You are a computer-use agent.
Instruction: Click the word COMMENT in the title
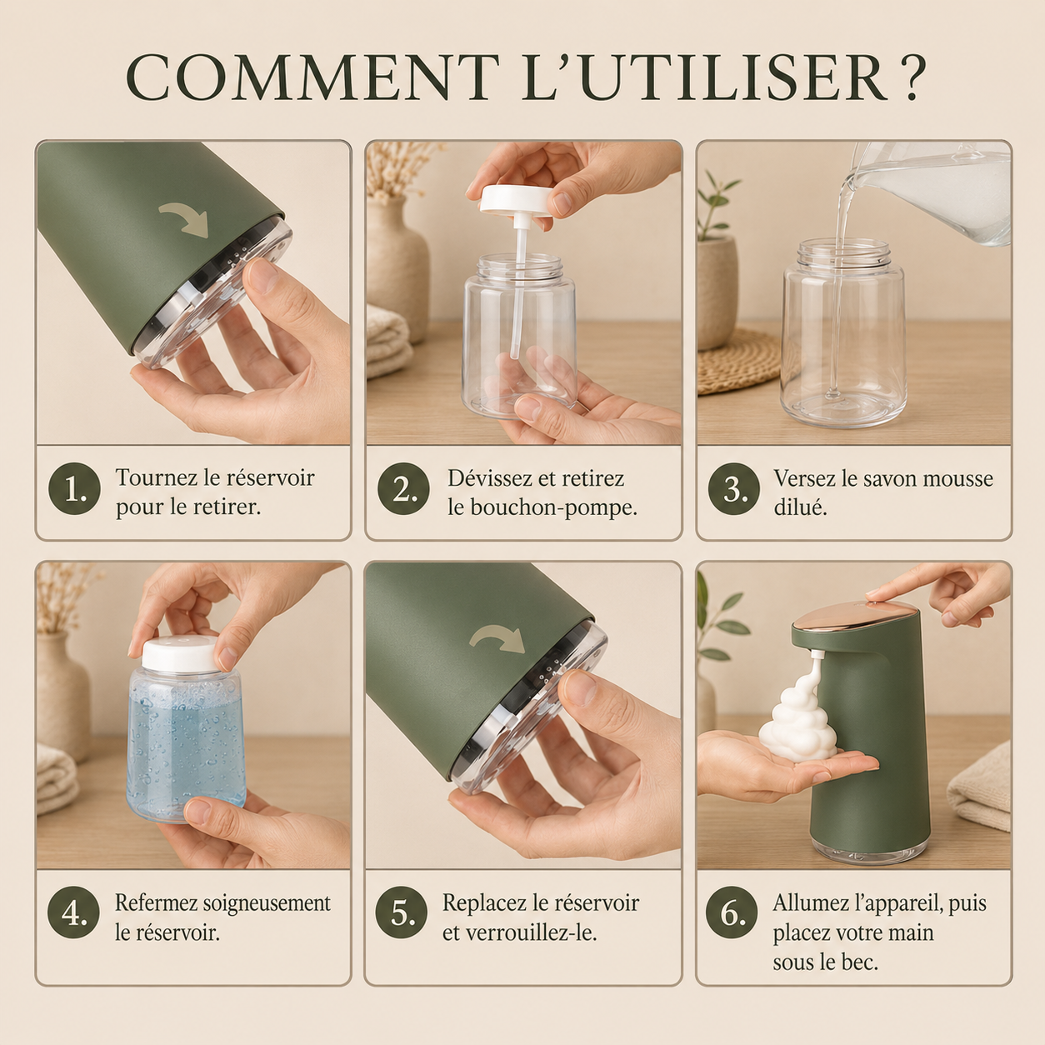click(312, 77)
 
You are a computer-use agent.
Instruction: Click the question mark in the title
click(907, 77)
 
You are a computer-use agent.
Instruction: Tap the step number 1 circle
click(75, 488)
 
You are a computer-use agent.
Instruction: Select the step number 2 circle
click(403, 488)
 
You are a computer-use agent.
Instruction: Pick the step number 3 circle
click(733, 488)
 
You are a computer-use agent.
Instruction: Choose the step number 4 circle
click(74, 912)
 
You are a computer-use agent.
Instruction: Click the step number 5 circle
click(402, 912)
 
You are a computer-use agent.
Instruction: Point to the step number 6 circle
click(732, 912)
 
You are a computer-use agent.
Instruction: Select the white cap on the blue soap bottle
click(179, 654)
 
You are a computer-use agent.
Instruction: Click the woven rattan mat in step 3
click(738, 361)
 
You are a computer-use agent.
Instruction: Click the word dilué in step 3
click(800, 507)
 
